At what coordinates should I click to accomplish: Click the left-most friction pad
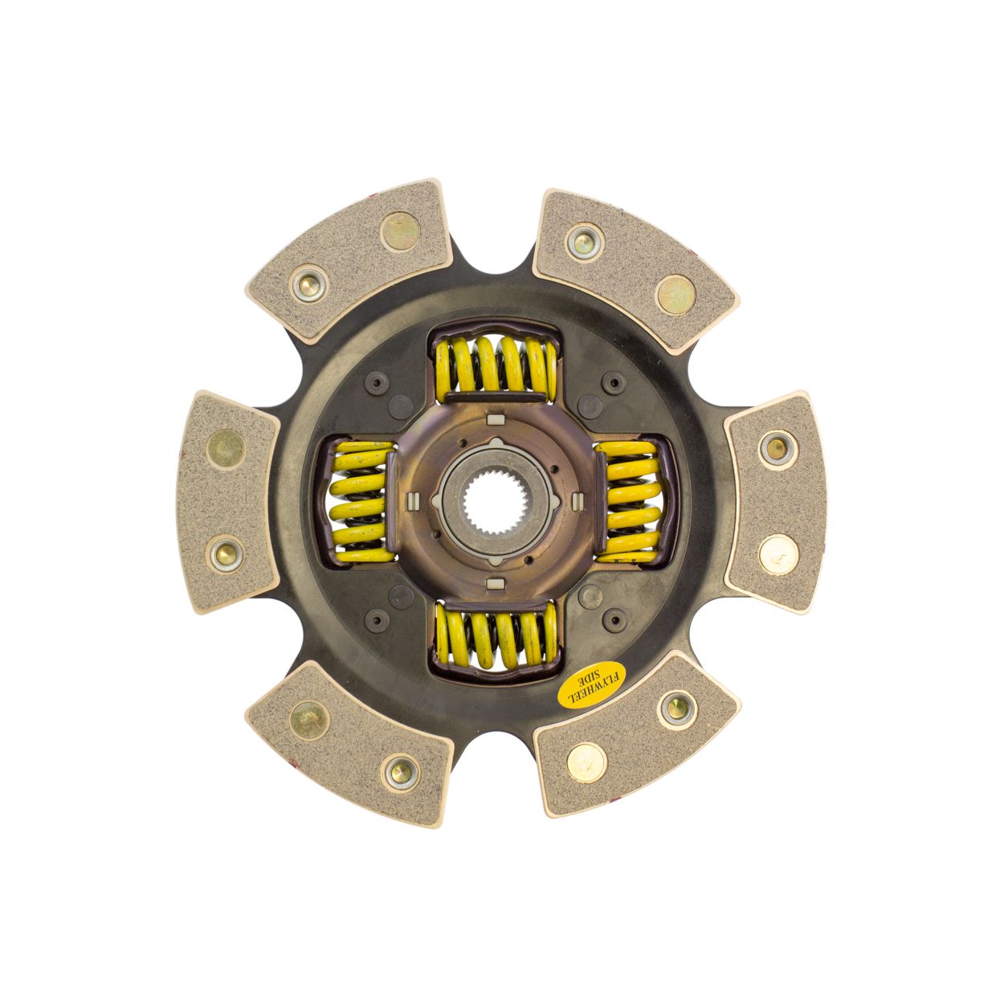pos(228,501)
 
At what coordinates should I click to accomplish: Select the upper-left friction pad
pos(348,260)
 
